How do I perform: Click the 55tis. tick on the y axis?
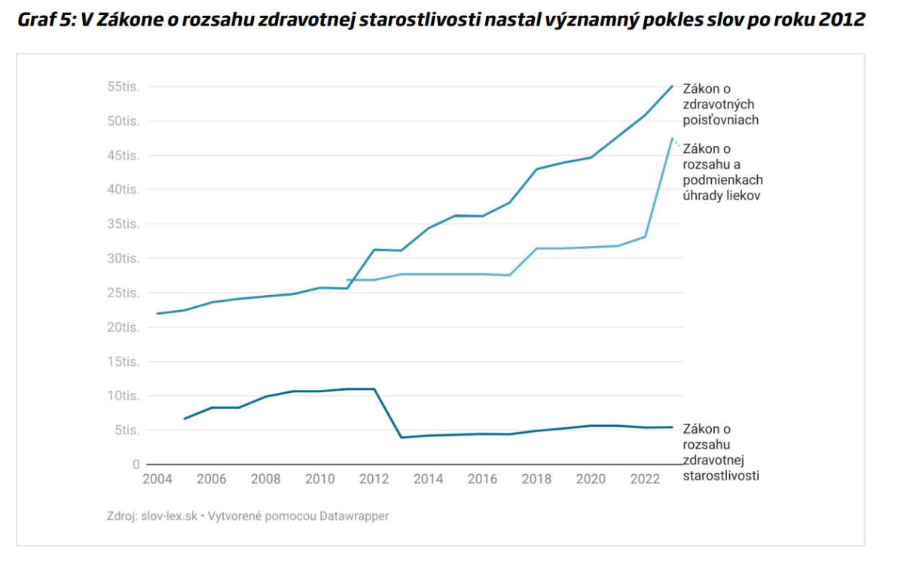tap(124, 87)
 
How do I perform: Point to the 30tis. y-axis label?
tap(124, 258)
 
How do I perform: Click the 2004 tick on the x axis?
tap(157, 479)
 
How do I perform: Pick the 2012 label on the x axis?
tap(374, 479)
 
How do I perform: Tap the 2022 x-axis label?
tap(645, 479)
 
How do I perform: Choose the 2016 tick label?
tap(482, 479)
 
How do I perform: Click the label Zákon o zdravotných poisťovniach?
tap(719, 105)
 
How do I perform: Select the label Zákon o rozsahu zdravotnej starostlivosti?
tap(721, 452)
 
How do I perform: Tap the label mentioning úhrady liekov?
tap(722, 172)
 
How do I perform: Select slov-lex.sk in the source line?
tap(169, 516)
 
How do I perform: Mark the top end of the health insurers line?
tap(672, 87)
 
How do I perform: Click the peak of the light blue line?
tap(671, 138)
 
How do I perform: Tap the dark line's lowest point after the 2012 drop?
tap(401, 437)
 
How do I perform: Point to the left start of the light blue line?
tap(347, 280)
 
